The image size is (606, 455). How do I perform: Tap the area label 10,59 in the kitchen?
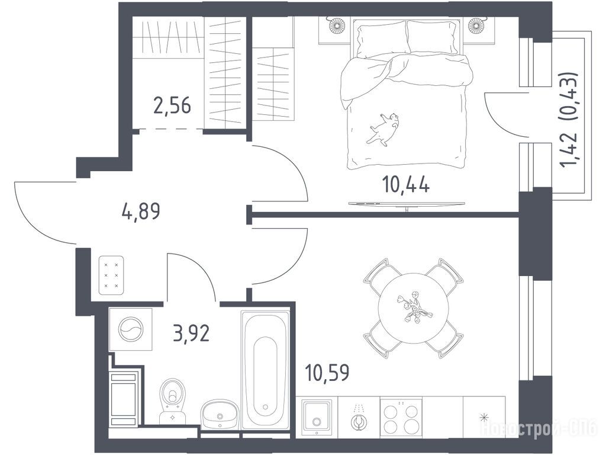click(327, 372)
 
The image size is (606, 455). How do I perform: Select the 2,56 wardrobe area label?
click(172, 105)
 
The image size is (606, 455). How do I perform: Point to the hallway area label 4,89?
click(141, 212)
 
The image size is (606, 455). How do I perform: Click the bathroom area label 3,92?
click(191, 333)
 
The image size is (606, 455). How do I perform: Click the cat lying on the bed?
click(383, 129)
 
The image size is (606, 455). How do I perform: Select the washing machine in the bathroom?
click(131, 329)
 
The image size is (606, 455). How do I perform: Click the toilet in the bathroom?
click(172, 401)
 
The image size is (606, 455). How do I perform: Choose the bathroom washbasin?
click(220, 414)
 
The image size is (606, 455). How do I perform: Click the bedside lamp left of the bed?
click(337, 25)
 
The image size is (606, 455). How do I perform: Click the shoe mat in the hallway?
click(111, 275)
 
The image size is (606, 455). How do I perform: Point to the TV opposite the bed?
click(406, 204)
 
